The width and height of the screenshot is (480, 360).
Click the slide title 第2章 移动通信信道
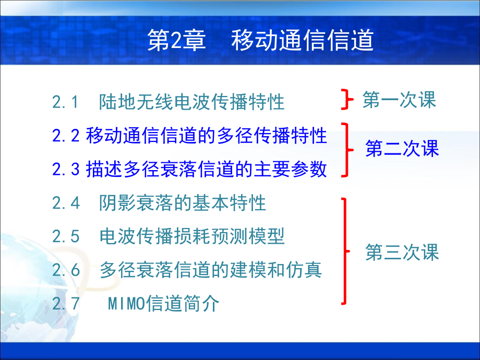261,41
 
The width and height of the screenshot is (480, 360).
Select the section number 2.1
65,102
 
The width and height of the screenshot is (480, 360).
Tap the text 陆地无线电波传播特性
192,102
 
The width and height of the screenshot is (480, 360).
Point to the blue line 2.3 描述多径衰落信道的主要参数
190,169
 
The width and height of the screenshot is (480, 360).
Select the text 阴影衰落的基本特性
183,203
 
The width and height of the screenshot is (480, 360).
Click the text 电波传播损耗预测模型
192,236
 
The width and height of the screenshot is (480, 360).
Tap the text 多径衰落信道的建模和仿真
210,270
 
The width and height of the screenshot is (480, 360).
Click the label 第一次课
399,100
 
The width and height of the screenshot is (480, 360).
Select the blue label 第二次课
402,149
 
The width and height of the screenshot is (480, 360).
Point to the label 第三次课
402,253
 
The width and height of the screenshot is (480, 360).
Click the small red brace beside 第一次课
344,99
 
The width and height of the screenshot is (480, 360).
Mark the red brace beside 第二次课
345,150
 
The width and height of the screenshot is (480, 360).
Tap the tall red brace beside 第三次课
345,251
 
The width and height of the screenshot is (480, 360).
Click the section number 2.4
66,203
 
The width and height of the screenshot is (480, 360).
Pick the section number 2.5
66,236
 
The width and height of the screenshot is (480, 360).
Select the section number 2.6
66,270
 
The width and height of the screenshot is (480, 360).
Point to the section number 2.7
66,304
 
